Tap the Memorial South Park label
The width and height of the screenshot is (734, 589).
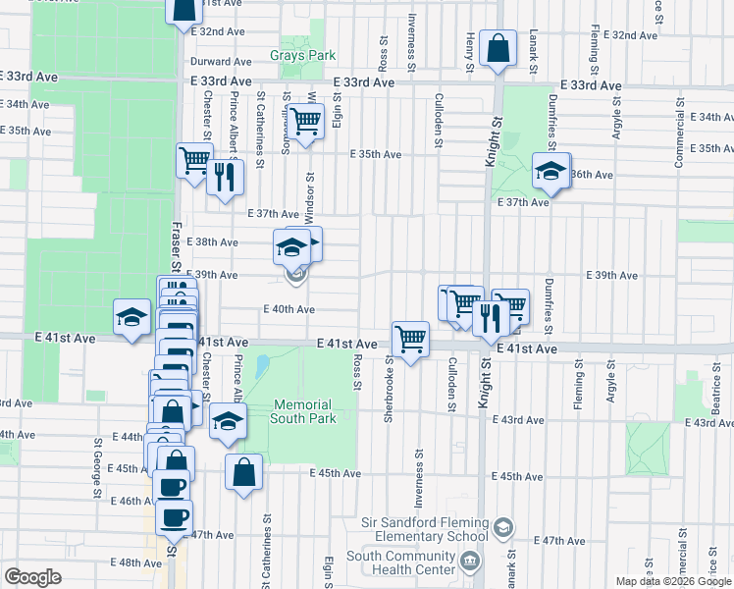(x=304, y=411)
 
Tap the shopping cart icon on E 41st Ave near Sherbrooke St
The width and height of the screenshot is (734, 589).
(x=410, y=340)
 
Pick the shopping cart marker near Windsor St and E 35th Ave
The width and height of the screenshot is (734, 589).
(x=306, y=123)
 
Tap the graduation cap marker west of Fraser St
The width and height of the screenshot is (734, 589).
(x=131, y=317)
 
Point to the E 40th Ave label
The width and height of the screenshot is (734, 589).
(x=288, y=309)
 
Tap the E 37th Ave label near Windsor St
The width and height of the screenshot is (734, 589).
(x=273, y=213)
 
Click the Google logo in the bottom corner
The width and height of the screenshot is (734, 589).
(x=33, y=577)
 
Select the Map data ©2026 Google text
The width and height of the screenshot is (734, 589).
(x=673, y=581)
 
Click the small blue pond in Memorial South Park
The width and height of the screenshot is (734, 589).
(x=261, y=367)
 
